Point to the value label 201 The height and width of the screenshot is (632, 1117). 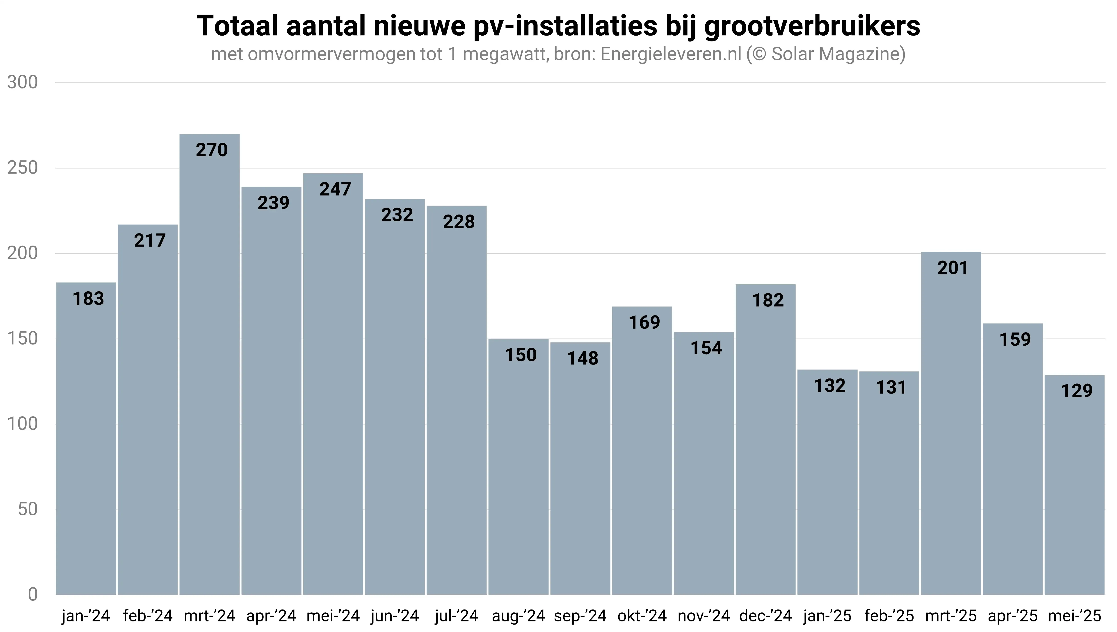click(x=953, y=268)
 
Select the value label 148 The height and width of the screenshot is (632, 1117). click(x=582, y=358)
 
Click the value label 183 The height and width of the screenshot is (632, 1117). click(x=88, y=299)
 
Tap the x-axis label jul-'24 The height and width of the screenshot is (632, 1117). click(x=456, y=616)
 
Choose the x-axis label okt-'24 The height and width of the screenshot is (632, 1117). click(x=642, y=616)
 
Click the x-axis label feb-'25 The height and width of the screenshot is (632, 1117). click(x=889, y=616)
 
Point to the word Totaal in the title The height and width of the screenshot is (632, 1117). click(x=237, y=26)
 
